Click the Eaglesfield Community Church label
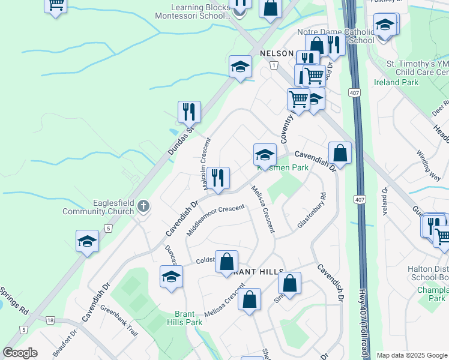(108, 207)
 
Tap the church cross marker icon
(143, 207)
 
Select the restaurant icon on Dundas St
(189, 112)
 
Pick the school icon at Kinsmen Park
(265, 155)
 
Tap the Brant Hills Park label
(188, 318)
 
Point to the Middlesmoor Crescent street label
(215, 220)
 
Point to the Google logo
(20, 353)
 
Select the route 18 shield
(50, 321)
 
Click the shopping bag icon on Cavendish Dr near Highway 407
(340, 153)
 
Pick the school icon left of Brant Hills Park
(171, 277)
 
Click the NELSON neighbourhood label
(276, 53)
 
